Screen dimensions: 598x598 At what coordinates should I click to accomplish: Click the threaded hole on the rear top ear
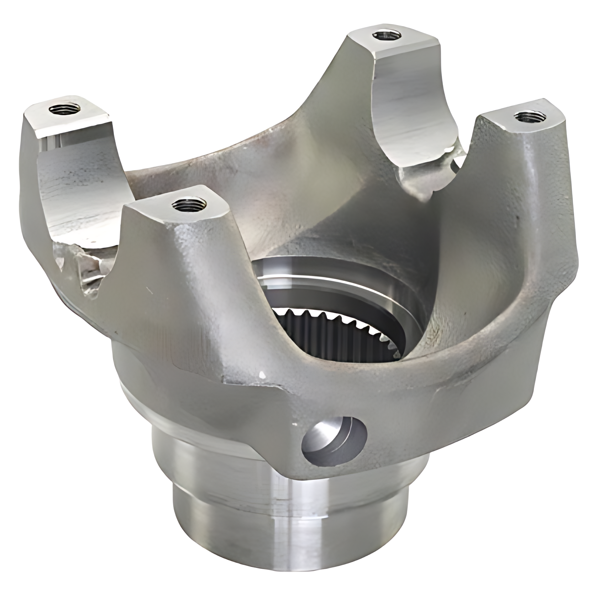pyautogui.click(x=386, y=35)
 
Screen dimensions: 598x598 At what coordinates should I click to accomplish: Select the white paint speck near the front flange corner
pyautogui.click(x=263, y=374)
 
